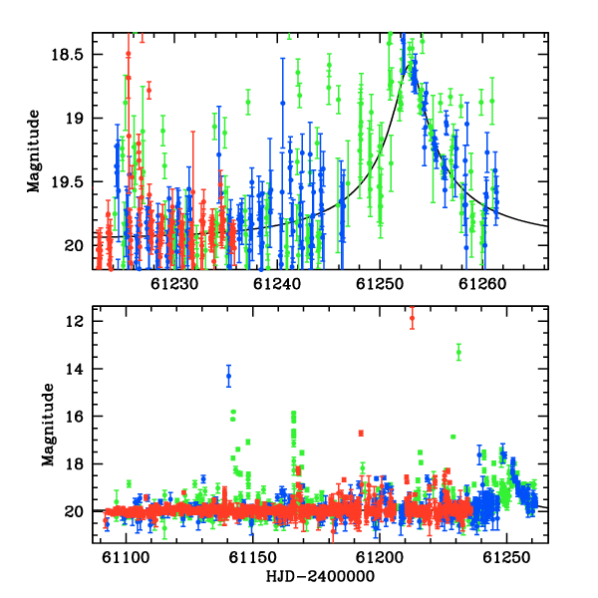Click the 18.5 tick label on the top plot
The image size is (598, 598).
coord(67,55)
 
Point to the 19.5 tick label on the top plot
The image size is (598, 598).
coord(67,182)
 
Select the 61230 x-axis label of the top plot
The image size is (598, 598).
coord(174,284)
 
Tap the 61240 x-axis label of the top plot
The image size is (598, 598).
coord(277,284)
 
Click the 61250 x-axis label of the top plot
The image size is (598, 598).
coord(380,284)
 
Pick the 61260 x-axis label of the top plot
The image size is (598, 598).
coord(482,284)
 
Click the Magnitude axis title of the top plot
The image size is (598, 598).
coord(34,151)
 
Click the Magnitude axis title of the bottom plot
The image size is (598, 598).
coord(48,425)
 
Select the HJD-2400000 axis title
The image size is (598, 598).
coord(320,576)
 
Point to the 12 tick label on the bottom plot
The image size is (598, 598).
coord(75,322)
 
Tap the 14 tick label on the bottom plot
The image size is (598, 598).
coord(75,369)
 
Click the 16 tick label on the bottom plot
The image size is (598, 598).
coord(75,417)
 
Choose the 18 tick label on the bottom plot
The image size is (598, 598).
coord(75,464)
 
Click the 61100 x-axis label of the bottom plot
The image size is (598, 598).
coord(126,557)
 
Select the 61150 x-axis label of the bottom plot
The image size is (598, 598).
coord(252,557)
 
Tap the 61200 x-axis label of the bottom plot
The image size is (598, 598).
coord(380,557)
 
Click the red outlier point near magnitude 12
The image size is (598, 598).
coord(412,318)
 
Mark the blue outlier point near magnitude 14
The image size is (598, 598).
coord(229,376)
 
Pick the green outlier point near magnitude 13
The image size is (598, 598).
coord(458,352)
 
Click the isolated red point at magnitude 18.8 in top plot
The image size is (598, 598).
coord(149,91)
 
